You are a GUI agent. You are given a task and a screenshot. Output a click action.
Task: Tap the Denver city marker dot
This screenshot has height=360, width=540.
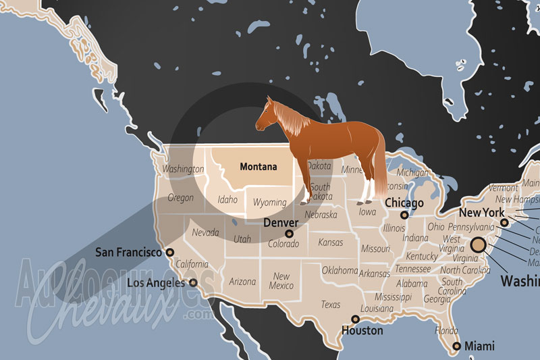point(290,234)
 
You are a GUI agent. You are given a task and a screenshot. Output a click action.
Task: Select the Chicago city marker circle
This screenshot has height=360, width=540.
point(404,215)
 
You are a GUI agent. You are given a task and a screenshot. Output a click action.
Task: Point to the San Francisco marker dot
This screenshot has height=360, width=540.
point(169,252)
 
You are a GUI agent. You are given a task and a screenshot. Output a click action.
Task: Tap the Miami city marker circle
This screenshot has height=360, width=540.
point(457,346)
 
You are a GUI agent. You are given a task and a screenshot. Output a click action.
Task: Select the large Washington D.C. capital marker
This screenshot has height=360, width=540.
point(478,245)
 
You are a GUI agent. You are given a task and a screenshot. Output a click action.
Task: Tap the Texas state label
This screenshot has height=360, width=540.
point(331,305)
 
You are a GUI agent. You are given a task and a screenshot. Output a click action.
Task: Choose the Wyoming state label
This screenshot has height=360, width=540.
point(269,202)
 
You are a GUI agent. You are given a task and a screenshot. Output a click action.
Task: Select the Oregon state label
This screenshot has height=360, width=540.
point(180,198)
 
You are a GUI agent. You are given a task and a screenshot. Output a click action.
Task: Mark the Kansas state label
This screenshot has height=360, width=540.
point(330,242)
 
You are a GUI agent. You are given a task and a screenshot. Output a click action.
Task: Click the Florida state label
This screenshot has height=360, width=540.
point(446,331)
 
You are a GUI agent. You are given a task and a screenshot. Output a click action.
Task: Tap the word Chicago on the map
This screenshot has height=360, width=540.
point(404,203)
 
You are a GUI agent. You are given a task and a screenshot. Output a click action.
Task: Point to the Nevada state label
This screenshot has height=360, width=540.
point(205,232)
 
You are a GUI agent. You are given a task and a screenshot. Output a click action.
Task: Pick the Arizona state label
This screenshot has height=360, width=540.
point(242,281)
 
